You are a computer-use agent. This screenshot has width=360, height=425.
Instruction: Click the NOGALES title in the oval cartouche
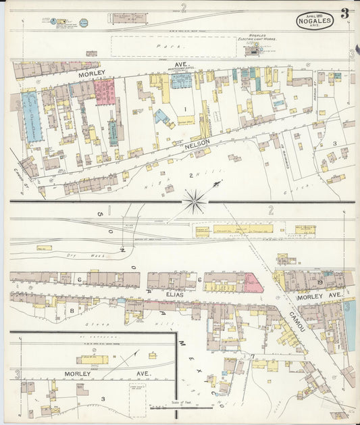315,21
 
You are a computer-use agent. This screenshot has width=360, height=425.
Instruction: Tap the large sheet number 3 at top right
345,13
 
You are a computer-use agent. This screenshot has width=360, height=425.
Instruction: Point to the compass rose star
196,199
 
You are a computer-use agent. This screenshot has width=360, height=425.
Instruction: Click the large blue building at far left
32,116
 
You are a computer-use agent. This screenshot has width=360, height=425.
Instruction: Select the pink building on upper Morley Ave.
105,91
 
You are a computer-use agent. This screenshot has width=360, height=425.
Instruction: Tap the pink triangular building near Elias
253,282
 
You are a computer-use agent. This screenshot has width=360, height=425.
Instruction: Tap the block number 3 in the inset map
103,399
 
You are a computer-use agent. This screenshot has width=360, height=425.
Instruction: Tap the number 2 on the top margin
183,8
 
